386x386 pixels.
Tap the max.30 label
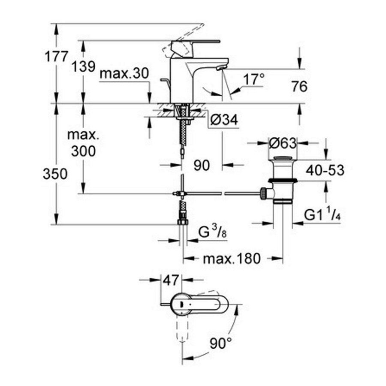click(x=124, y=73)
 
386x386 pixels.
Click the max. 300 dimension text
click(x=83, y=143)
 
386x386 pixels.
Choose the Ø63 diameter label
click(x=282, y=142)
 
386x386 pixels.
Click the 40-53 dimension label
click(x=325, y=171)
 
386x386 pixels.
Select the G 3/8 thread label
click(x=212, y=234)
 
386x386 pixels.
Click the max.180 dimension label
click(x=231, y=258)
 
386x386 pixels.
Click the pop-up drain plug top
click(x=282, y=160)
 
